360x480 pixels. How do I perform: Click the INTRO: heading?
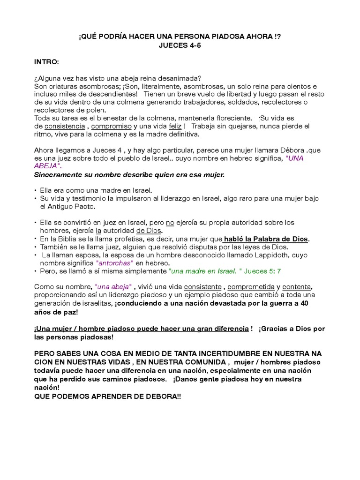click(x=46, y=62)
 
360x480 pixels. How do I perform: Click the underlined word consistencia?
click(x=65, y=127)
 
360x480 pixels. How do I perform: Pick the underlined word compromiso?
click(x=112, y=127)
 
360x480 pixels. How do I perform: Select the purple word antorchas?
click(x=115, y=263)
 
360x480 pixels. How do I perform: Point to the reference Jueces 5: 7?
click(x=261, y=271)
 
